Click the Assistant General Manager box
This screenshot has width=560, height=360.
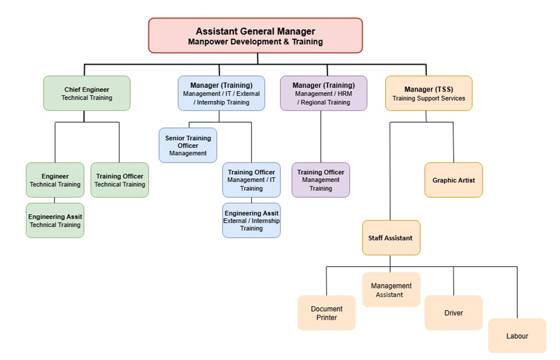coord(255,35)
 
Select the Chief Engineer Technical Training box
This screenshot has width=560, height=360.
coord(87,93)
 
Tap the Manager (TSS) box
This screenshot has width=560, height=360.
coord(429,93)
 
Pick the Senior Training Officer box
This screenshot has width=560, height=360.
coord(188,145)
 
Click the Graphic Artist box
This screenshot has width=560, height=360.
coord(453,180)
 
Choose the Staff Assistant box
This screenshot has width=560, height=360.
coord(391,238)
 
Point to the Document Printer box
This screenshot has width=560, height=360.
coord(326,313)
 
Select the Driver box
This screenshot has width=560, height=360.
coord(453,313)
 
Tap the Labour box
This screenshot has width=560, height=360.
coord(517,336)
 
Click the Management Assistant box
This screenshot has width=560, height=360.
coord(391,290)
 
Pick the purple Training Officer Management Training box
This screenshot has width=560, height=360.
coord(320,180)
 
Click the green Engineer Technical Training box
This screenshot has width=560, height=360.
coord(55,180)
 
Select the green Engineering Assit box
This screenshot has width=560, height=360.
coord(55,220)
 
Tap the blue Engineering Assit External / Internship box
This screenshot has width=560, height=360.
coord(251,220)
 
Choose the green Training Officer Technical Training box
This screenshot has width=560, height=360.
coord(120,180)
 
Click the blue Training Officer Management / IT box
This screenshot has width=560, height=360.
coord(251,180)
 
